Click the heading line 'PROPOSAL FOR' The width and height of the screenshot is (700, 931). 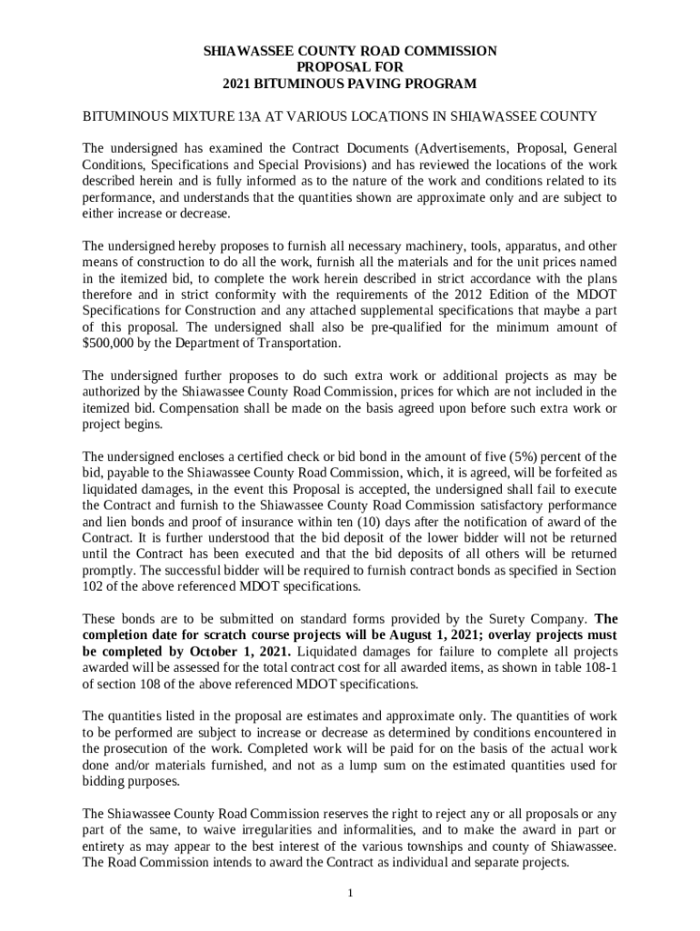pyautogui.click(x=350, y=67)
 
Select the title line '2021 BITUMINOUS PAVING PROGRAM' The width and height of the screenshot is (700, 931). pyautogui.click(x=350, y=84)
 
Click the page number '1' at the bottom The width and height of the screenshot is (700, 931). pyautogui.click(x=350, y=892)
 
